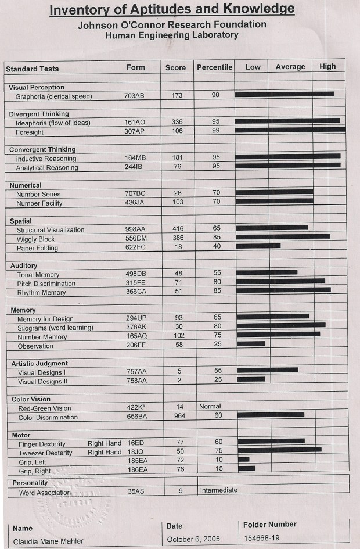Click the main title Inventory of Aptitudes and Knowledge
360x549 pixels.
coord(172,9)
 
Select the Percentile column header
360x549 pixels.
coord(214,67)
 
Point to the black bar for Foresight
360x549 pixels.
coord(290,130)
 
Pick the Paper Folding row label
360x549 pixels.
coord(37,248)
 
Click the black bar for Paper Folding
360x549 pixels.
coord(258,246)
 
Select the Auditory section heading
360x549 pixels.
coord(24,265)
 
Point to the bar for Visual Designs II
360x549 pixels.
coord(251,379)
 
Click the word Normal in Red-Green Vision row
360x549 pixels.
coord(210,407)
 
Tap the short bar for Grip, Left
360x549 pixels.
coord(243,459)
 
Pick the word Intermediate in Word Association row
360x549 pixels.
coord(219,490)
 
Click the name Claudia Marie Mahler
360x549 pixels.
coord(48,541)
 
